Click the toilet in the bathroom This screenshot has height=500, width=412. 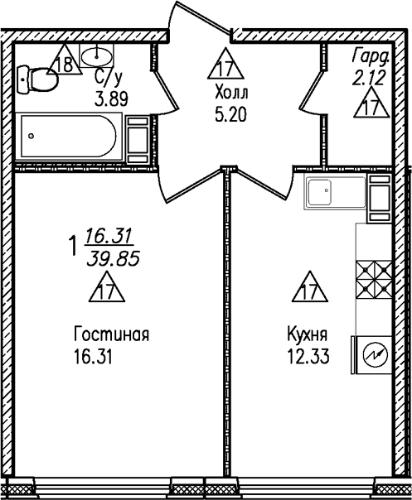(x=37, y=79)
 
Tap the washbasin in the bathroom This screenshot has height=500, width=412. (x=96, y=56)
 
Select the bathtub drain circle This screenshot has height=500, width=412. (x=31, y=136)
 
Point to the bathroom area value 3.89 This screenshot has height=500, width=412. (x=111, y=99)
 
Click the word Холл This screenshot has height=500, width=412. (x=232, y=94)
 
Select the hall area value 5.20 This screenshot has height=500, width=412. (x=231, y=115)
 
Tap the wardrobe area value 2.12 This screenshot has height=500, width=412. (x=369, y=78)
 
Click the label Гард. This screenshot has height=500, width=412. (x=371, y=57)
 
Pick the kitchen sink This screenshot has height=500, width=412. (x=335, y=192)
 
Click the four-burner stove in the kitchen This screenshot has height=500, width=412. (x=374, y=280)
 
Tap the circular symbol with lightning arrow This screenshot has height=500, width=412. (x=376, y=354)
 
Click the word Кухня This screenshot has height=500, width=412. (x=308, y=335)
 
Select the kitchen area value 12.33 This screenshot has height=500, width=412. (x=308, y=357)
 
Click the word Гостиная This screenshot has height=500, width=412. (x=111, y=335)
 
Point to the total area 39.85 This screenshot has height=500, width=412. (x=114, y=258)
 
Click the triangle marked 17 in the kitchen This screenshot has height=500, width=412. (x=310, y=287)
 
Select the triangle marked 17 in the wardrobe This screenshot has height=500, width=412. (x=371, y=103)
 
